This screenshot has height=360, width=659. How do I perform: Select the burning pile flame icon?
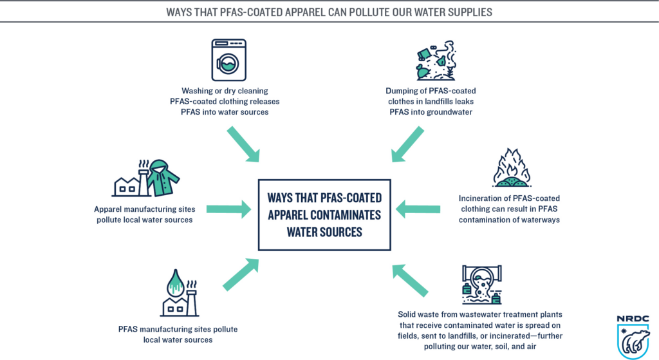tap(511, 169)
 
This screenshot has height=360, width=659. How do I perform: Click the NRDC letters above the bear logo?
tap(633, 319)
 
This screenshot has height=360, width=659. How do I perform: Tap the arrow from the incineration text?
tap(418, 208)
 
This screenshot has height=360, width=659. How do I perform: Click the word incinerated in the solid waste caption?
tap(524, 325)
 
